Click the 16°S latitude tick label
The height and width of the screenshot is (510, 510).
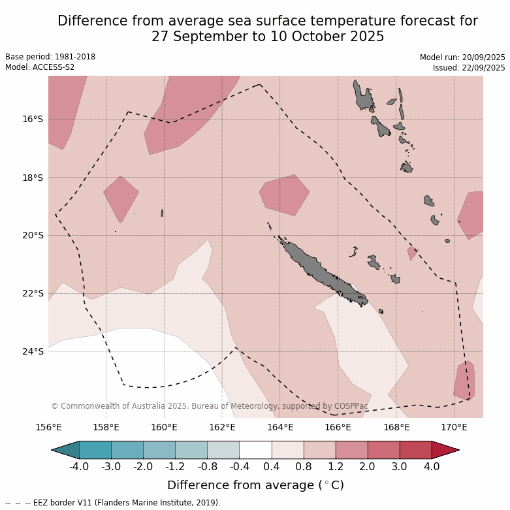pos(33,119)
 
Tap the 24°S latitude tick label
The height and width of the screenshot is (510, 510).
pos(33,351)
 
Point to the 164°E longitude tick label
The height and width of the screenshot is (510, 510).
pos(280,428)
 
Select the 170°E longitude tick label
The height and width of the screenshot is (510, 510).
pos(454,428)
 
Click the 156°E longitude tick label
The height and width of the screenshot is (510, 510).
pos(48,428)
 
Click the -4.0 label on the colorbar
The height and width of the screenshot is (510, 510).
pos(79,466)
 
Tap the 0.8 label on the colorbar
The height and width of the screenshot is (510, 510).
pos(304,466)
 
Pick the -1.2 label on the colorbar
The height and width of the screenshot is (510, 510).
pos(175,466)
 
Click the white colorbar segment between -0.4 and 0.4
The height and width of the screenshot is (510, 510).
pos(255,450)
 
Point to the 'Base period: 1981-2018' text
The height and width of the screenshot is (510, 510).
pos(50,57)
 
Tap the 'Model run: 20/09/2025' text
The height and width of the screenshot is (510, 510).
pos(462,57)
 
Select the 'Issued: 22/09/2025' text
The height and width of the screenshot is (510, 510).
pos(469,68)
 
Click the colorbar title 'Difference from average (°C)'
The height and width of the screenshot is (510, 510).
pos(255,485)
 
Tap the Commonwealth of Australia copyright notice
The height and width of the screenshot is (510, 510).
pos(209,406)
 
